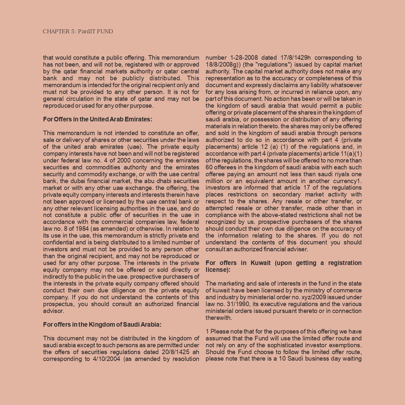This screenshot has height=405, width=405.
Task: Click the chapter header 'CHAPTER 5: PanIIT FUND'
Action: point(78,32)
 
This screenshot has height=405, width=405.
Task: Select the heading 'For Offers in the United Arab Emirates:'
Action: point(98,119)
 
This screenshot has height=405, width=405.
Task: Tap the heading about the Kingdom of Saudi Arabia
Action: point(102,325)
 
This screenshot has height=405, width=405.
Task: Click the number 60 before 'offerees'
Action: point(209,167)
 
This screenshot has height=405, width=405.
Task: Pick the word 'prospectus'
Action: point(58,304)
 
